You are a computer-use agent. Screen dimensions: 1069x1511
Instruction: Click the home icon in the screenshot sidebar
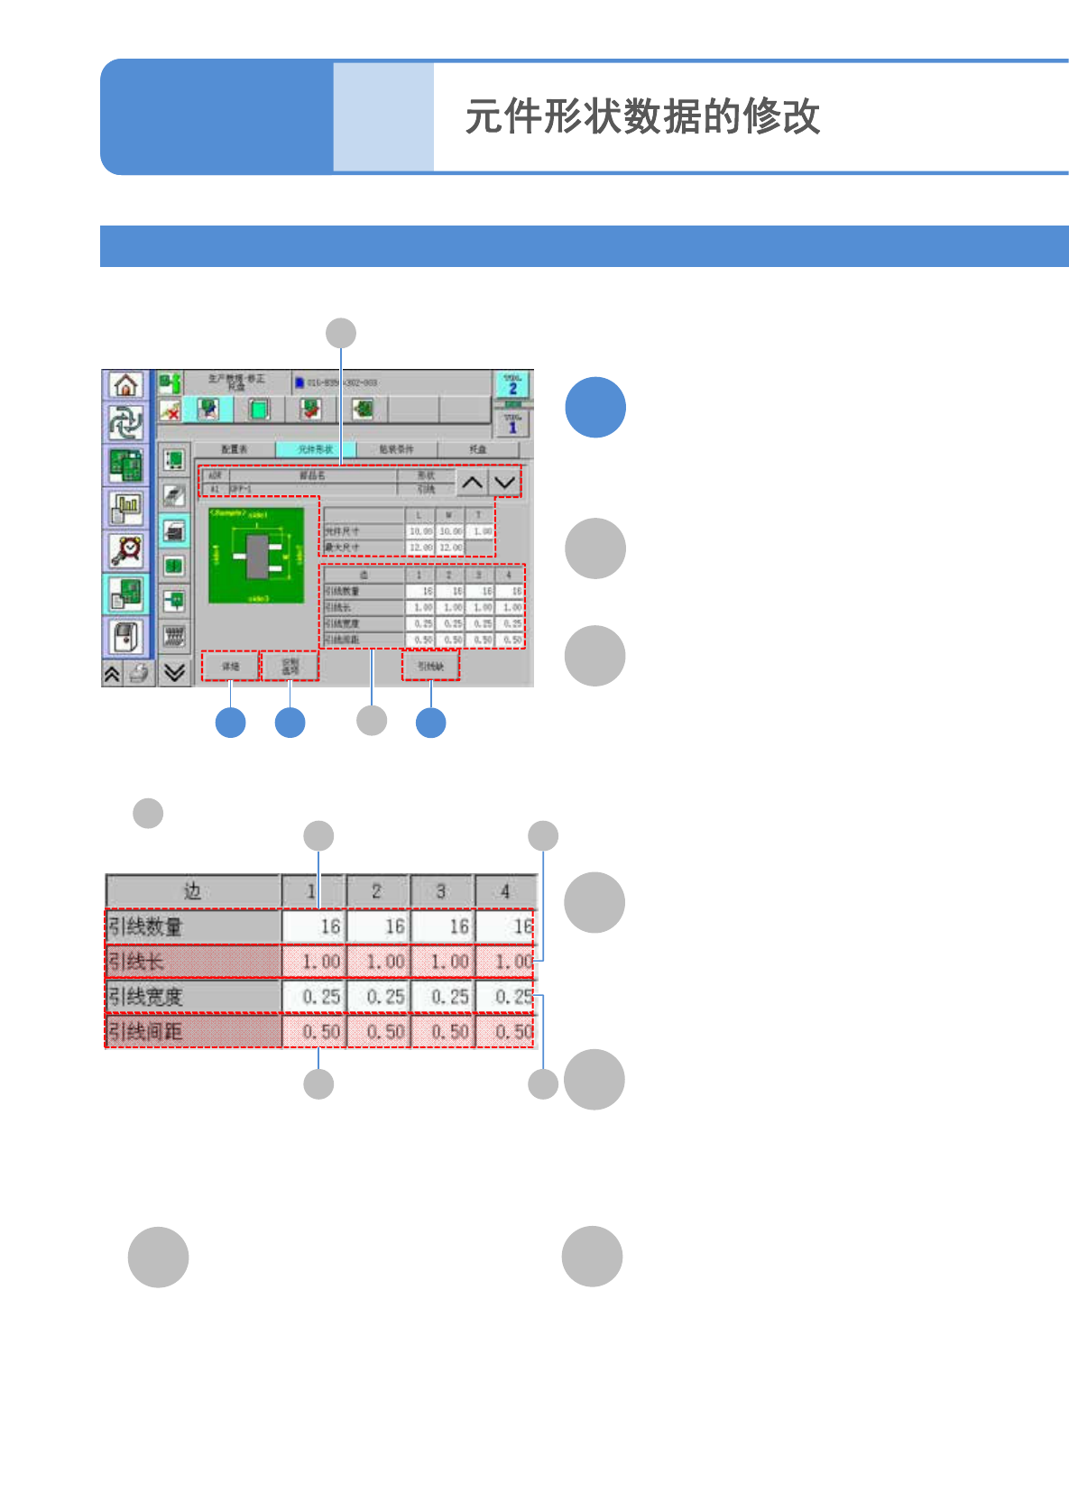click(125, 385)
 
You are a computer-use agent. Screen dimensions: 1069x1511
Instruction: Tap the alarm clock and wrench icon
click(125, 549)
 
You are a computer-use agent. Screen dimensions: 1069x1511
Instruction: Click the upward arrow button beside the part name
click(471, 483)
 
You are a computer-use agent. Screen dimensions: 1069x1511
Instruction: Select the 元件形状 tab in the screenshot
click(316, 449)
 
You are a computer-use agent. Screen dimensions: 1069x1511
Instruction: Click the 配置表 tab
click(235, 449)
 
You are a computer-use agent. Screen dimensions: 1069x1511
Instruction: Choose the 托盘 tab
click(478, 449)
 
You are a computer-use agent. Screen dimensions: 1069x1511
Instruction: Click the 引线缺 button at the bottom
click(430, 667)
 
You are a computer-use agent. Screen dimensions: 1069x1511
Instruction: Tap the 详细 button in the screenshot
click(230, 667)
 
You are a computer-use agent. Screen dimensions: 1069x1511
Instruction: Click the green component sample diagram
click(256, 556)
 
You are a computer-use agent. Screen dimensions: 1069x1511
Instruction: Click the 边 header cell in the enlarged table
click(193, 891)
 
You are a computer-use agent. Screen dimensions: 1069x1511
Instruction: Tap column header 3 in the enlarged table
click(441, 891)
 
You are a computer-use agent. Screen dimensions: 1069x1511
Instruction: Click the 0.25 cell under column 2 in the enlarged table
click(378, 997)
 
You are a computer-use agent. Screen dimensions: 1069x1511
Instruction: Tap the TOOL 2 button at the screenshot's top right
click(512, 385)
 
